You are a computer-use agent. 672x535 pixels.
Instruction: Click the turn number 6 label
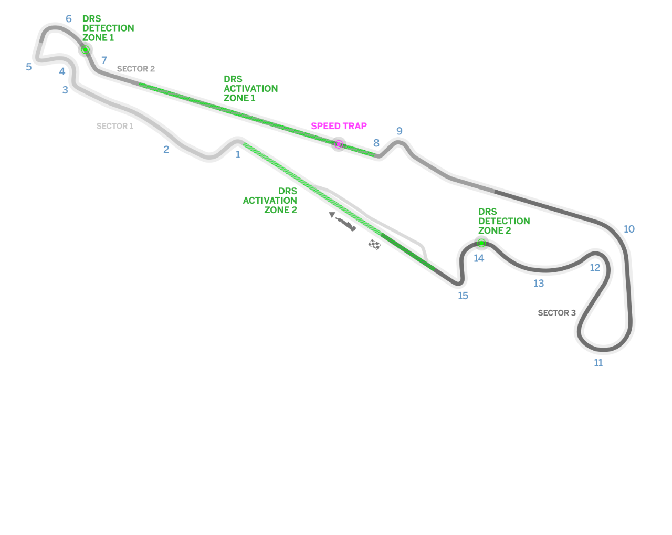pyautogui.click(x=69, y=19)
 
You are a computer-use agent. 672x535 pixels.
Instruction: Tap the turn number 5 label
pyautogui.click(x=29, y=67)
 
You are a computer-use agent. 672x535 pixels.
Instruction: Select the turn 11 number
pyautogui.click(x=598, y=363)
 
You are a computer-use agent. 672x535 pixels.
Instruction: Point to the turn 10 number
pyautogui.click(x=629, y=229)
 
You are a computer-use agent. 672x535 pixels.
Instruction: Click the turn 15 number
pyautogui.click(x=463, y=296)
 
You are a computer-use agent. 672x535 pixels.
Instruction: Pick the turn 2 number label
pyautogui.click(x=166, y=150)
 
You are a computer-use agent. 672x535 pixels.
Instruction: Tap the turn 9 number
pyautogui.click(x=400, y=131)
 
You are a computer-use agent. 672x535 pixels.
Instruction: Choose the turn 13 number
pyautogui.click(x=539, y=284)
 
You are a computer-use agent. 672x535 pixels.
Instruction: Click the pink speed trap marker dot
pyautogui.click(x=339, y=144)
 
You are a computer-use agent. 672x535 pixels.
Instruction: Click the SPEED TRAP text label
pyautogui.click(x=339, y=126)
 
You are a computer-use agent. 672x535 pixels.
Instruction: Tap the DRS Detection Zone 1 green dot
pyautogui.click(x=85, y=50)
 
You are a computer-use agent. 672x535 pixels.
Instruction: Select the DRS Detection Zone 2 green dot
pyautogui.click(x=481, y=243)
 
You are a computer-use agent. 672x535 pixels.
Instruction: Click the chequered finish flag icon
pyautogui.click(x=374, y=244)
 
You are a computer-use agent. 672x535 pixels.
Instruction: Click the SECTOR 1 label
pyautogui.click(x=114, y=126)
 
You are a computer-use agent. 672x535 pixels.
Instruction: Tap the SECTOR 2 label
pyautogui.click(x=135, y=69)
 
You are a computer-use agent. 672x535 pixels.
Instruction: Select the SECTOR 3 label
pyautogui.click(x=556, y=313)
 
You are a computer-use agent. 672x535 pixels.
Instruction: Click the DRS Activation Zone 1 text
pyautogui.click(x=250, y=89)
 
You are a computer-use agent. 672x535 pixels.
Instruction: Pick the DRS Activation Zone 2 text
pyautogui.click(x=270, y=201)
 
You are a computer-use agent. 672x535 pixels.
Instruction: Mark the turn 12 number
pyautogui.click(x=595, y=268)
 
